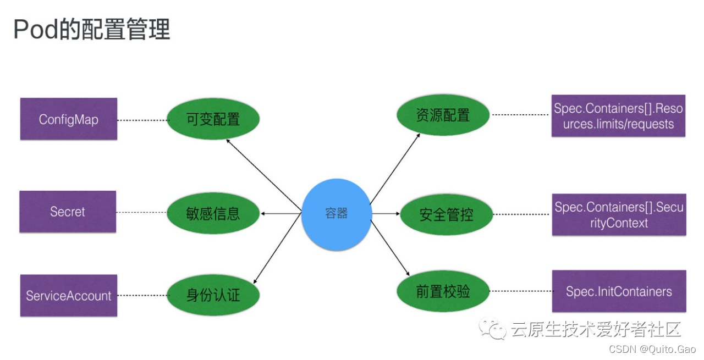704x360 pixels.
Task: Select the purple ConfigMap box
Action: [69, 119]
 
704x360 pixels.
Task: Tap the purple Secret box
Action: [68, 212]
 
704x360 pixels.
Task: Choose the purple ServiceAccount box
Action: [69, 296]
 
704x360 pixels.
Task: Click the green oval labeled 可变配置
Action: [213, 119]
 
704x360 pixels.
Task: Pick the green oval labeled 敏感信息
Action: [213, 213]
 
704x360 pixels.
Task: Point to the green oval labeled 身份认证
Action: [213, 295]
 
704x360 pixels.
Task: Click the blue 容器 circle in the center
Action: [336, 214]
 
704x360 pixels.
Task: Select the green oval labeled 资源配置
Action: [443, 115]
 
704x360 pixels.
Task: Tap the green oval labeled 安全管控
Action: [446, 214]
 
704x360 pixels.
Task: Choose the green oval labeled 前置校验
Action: [443, 291]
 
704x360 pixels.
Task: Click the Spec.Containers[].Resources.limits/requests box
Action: [618, 116]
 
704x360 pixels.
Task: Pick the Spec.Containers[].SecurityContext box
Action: [619, 215]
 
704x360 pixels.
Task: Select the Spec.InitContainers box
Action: [619, 291]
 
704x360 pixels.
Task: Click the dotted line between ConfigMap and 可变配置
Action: [142, 120]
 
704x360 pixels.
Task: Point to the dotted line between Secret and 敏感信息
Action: [141, 212]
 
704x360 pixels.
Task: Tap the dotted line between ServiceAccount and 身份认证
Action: [142, 295]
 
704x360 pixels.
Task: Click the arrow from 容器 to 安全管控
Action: [385, 213]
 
